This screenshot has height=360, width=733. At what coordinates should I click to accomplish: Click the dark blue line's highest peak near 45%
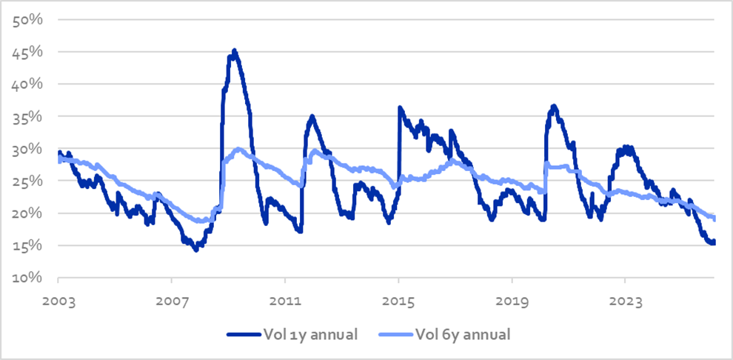tap(234, 51)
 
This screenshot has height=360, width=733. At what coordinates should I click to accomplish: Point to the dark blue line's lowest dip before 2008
tap(195, 250)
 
